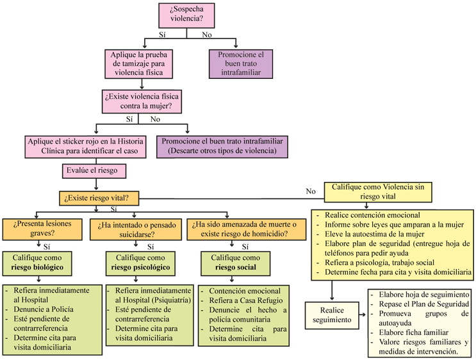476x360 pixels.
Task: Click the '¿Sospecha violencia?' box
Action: pos(186,16)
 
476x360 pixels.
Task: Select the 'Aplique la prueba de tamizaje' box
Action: pos(139,64)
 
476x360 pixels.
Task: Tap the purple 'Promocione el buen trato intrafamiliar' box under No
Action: pos(241,64)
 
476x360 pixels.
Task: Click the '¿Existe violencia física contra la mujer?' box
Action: pos(142,101)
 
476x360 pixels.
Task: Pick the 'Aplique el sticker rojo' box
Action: pos(85,147)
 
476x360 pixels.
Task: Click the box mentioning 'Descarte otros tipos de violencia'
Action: pos(222,147)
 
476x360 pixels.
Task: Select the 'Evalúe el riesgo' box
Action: pos(94,171)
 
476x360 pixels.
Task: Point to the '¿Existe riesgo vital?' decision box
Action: pos(99,198)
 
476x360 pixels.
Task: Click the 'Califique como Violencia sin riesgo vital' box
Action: pos(378,192)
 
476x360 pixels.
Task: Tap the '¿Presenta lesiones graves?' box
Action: pos(42,229)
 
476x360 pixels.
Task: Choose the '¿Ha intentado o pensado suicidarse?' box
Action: pos(136,229)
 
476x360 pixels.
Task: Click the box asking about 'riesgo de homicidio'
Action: pos(246,229)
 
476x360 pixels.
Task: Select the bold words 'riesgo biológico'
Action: pos(37,267)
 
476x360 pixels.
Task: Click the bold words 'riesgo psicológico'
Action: pos(140,267)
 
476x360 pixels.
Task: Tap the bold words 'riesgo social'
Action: pos(236,267)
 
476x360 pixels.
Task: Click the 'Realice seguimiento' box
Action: pos(332,315)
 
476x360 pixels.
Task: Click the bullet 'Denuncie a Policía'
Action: pos(44,309)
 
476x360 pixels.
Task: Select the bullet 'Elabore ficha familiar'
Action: pos(413,332)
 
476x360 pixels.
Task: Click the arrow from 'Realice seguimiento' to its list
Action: pos(363,315)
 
